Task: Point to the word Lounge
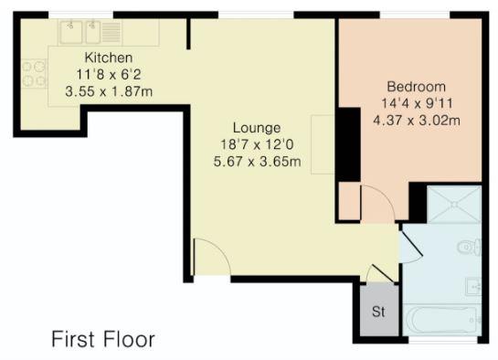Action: [257, 128]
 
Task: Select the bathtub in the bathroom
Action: [444, 319]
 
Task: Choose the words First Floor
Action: [103, 339]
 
